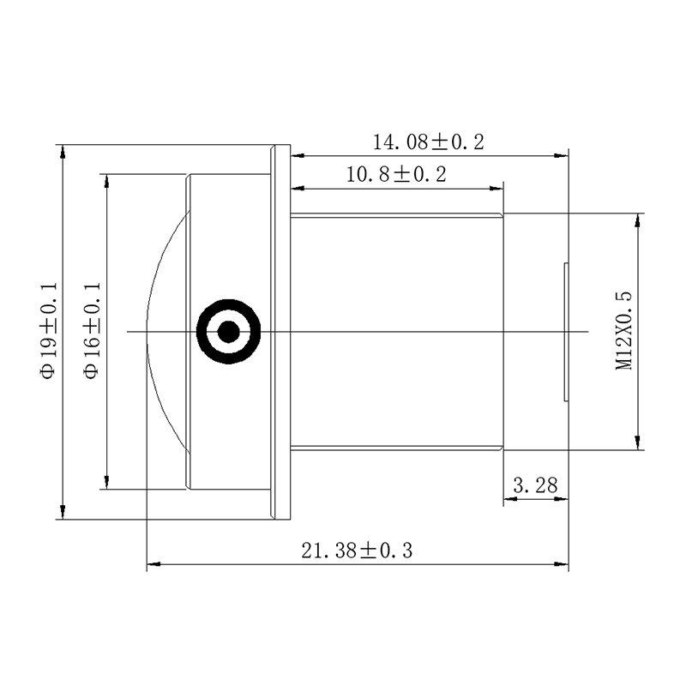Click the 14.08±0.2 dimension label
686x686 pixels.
point(428,142)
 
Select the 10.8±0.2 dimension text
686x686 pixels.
point(396,174)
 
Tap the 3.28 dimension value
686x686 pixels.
point(535,485)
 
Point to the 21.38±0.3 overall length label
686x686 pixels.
point(357,551)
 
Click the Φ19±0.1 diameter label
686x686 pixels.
point(49,331)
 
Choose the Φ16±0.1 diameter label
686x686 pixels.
point(93,331)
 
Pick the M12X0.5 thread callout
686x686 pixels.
point(624,331)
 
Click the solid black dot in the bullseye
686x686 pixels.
point(228,332)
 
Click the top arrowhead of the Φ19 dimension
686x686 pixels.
point(63,152)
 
